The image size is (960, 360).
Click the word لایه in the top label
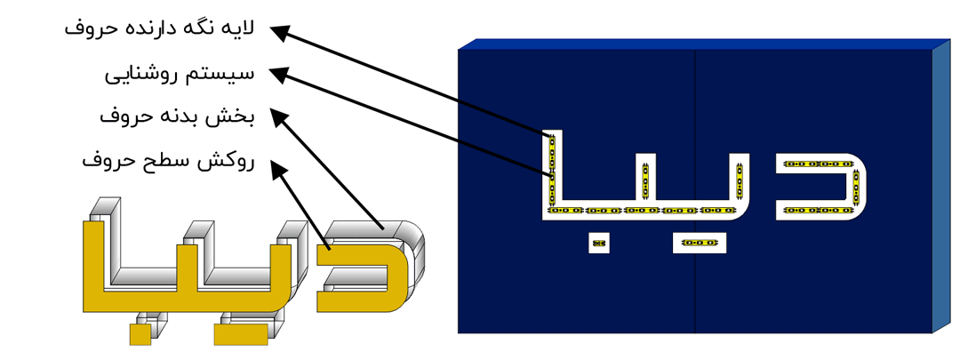point(239,28)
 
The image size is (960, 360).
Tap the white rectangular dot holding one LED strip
point(700,243)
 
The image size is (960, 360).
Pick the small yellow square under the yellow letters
point(140,334)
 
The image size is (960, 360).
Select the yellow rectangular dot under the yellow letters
point(240,334)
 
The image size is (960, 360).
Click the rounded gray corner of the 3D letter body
point(409,240)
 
